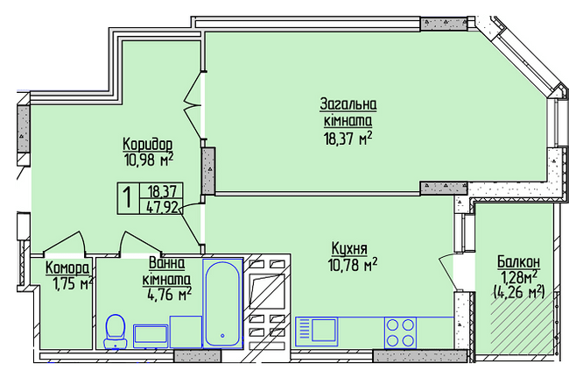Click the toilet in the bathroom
[116, 332]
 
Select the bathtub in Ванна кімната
[222, 303]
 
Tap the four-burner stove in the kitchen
[400, 332]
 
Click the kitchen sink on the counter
[316, 332]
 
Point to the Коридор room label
[147, 145]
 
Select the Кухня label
[349, 249]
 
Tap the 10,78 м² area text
[353, 264]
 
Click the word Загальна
[348, 104]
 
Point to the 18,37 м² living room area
[348, 139]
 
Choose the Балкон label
[518, 261]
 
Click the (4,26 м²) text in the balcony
[519, 291]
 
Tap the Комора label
[67, 268]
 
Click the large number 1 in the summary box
[128, 197]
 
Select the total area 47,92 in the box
[162, 208]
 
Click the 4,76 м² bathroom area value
[169, 295]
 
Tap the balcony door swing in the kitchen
[446, 272]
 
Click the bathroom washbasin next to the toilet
[151, 336]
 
